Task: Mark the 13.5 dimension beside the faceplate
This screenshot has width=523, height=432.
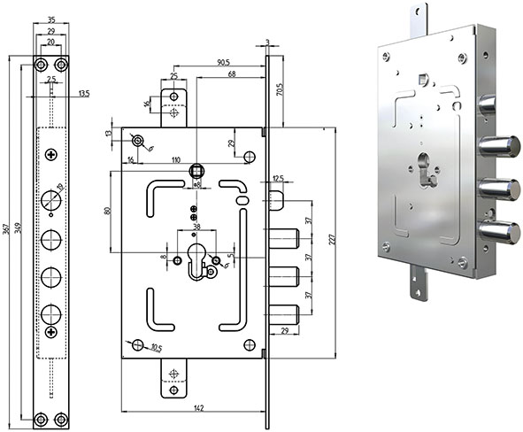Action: pyautogui.click(x=83, y=92)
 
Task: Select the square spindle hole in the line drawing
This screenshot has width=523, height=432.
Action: pyautogui.click(x=199, y=171)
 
